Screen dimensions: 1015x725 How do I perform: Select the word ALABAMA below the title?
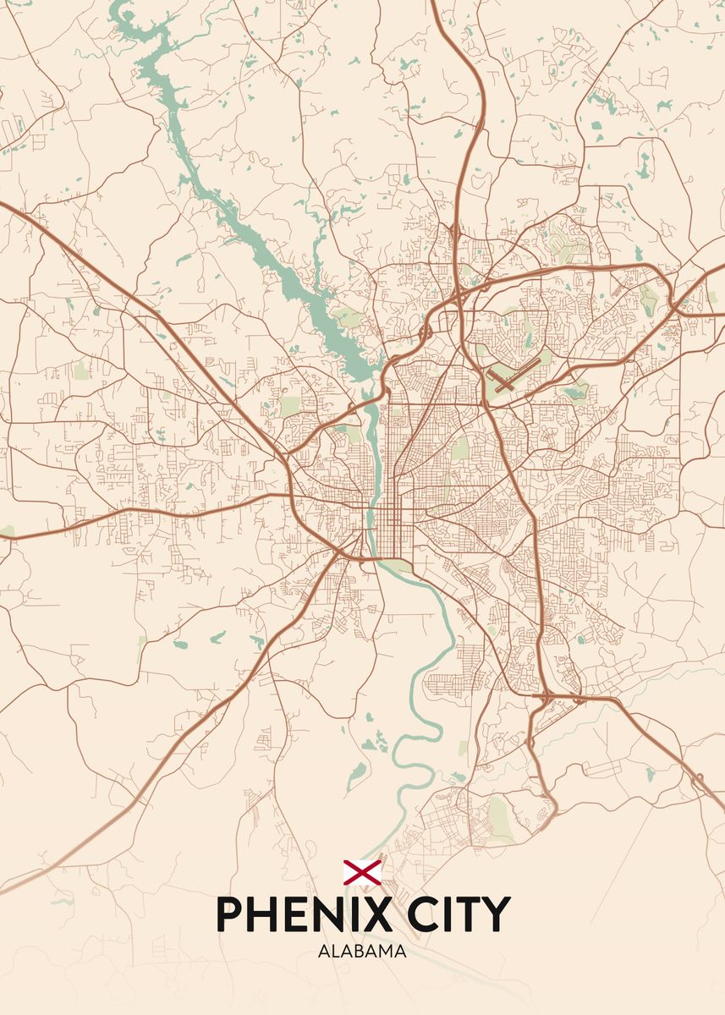[362, 952]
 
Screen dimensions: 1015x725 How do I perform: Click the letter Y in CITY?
[496, 914]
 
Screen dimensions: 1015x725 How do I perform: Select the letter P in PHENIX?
[231, 914]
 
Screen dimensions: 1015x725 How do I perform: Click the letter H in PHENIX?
[266, 914]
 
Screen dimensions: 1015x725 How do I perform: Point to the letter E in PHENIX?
[296, 914]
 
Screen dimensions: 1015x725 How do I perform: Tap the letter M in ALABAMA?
[382, 952]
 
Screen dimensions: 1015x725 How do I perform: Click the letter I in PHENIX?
[350, 914]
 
